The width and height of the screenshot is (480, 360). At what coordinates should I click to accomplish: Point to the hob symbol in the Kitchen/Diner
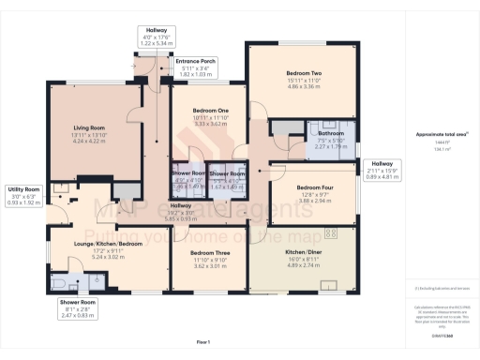click(x=330, y=232)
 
